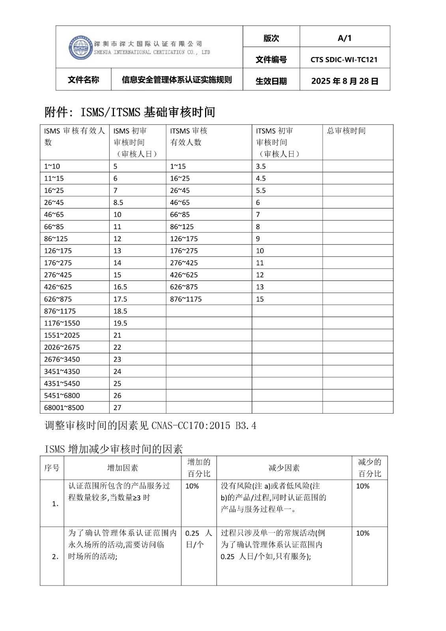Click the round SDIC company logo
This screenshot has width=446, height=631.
pos(80,48)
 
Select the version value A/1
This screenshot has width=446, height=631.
pos(344,38)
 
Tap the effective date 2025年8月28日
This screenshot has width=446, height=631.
pos(345,81)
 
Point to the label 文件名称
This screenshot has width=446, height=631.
pos(83,80)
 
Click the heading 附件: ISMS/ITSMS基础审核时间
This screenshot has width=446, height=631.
pos(130,112)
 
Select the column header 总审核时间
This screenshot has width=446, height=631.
pos(346,131)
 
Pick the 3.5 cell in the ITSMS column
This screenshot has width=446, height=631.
pos(261,166)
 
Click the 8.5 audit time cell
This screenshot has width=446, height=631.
pos(118,203)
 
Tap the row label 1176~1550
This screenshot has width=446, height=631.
pos(62,323)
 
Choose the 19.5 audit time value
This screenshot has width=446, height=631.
pos(120,323)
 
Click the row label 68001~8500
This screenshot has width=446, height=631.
pos(64,408)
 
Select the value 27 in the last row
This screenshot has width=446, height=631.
pos(117,408)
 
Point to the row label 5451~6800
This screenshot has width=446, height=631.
pos(62,396)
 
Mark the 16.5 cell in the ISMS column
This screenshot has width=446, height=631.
pos(120,287)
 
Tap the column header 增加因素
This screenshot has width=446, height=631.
pos(123,468)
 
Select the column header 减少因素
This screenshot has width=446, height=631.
pos(284,468)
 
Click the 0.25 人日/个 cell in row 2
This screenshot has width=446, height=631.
pos(198,539)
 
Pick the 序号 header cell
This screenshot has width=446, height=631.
pos(52,468)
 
